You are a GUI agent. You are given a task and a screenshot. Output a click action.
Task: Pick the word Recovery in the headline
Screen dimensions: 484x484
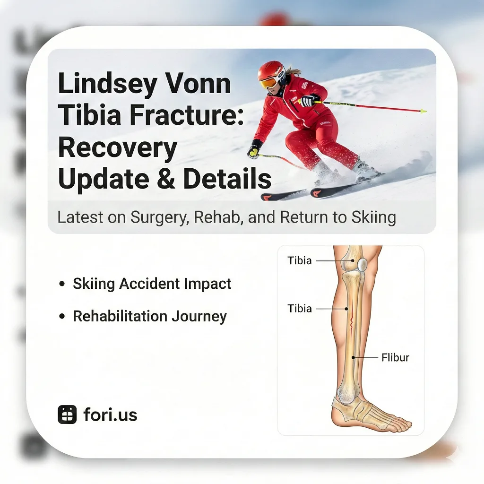117,147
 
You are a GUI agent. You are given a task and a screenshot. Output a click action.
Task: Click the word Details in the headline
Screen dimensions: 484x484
227,179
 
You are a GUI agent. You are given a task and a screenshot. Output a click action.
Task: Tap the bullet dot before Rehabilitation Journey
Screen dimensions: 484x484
62,316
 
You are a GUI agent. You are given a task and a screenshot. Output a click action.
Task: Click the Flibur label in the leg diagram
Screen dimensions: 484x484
395,357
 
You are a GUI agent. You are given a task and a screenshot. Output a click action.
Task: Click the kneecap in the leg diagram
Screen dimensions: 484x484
362,265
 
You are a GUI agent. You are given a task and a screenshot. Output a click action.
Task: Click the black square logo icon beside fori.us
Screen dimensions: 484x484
67,415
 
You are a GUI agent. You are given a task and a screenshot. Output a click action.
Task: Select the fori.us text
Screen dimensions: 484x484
110,415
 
